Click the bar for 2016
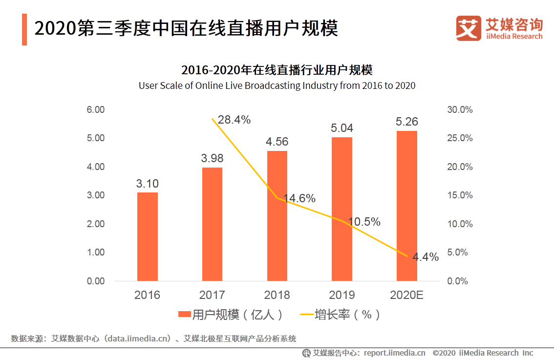pyautogui.click(x=147, y=237)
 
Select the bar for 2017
pyautogui.click(x=212, y=224)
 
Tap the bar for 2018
pyautogui.click(x=277, y=216)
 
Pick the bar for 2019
pyautogui.click(x=342, y=209)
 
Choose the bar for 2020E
pyautogui.click(x=407, y=206)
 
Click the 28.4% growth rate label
pyautogui.click(x=234, y=120)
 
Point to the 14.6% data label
pyautogui.click(x=299, y=198)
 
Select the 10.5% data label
pyautogui.click(x=364, y=222)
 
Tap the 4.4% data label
pyautogui.click(x=426, y=257)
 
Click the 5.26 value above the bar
pyautogui.click(x=407, y=122)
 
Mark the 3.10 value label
pyautogui.click(x=147, y=184)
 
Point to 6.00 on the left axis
pyautogui.click(x=96, y=110)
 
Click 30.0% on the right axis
pyautogui.click(x=460, y=110)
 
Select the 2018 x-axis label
pyautogui.click(x=277, y=295)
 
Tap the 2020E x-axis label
pyautogui.click(x=407, y=295)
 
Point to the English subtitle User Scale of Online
pyautogui.click(x=277, y=85)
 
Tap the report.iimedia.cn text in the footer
pyautogui.click(x=395, y=353)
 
